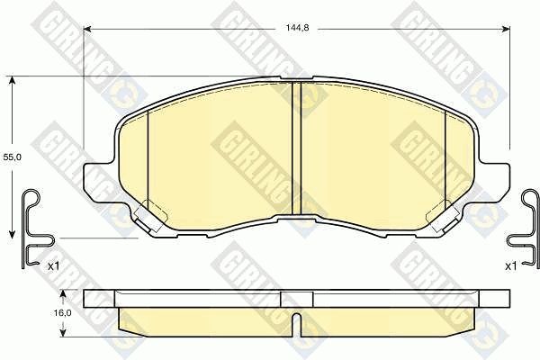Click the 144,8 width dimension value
coord(298,28)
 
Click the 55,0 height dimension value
coord(13,157)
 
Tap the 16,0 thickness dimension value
coord(63,313)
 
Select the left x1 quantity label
coord(54,266)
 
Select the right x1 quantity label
coord(511,266)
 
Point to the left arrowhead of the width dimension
coord(87,30)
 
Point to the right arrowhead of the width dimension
coord(506,30)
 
